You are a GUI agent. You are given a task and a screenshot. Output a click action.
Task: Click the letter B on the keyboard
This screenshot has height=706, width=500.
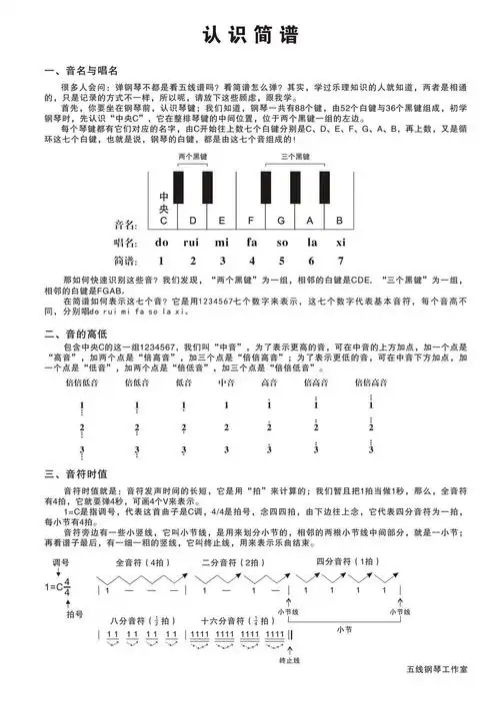[339, 221]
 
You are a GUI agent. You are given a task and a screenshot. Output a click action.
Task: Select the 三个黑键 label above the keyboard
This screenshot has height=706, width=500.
[296, 157]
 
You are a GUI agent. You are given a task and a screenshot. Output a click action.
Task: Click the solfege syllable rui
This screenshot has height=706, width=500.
[192, 243]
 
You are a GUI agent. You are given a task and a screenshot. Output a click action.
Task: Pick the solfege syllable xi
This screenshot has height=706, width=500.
[340, 243]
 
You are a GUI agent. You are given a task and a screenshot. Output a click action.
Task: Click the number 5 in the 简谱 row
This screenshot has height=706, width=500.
[282, 261]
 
